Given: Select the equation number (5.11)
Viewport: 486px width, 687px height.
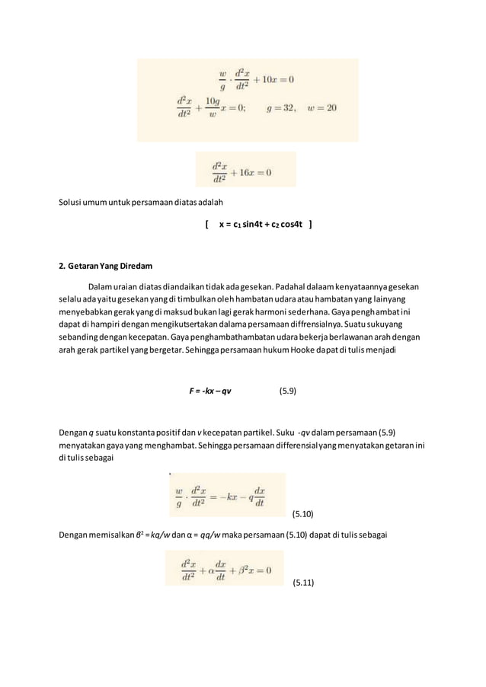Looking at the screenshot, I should [x=308, y=584].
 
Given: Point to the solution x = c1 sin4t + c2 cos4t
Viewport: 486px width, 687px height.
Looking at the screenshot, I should [x=261, y=225].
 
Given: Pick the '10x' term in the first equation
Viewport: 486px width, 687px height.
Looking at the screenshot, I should [x=273, y=79].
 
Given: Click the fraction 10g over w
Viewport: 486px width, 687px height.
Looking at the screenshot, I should [x=213, y=107].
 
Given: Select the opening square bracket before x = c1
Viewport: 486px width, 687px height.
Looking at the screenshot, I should [x=206, y=225].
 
